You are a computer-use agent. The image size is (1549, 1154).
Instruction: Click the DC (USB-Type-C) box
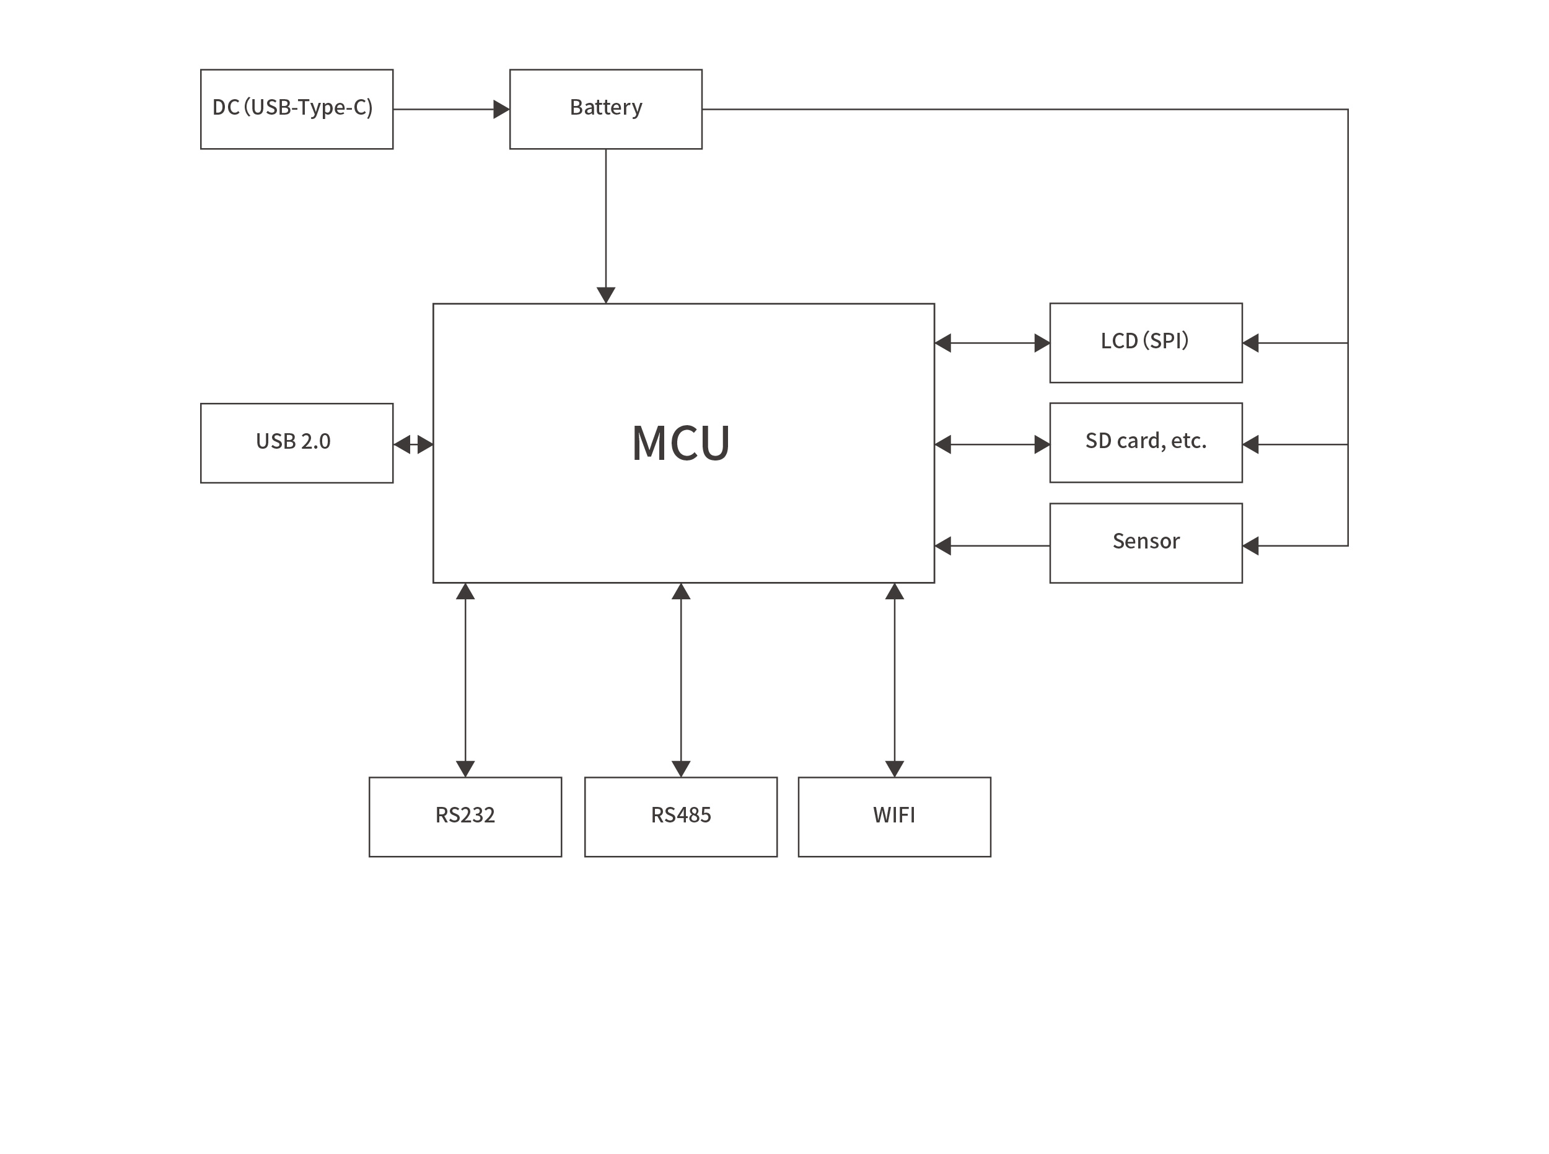click(x=296, y=109)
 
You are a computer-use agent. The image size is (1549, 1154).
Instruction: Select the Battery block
click(x=605, y=109)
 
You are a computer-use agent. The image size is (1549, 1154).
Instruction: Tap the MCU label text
click(x=681, y=443)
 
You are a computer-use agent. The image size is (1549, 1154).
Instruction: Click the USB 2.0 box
click(x=296, y=443)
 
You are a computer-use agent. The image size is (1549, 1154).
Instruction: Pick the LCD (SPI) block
click(x=1146, y=342)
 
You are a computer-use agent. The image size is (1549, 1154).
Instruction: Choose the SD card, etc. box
click(x=1146, y=442)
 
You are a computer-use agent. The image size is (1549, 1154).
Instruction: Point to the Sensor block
click(x=1146, y=543)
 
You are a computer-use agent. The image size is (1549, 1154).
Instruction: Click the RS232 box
click(x=465, y=817)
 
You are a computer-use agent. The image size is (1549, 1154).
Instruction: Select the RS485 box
click(x=681, y=817)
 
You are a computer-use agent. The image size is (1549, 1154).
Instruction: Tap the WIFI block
click(x=894, y=817)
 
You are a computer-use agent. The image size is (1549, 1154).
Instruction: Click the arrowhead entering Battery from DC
click(x=501, y=109)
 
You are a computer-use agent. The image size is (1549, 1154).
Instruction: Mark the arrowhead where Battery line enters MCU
click(x=605, y=295)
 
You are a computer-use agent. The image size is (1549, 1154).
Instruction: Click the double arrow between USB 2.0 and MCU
click(x=413, y=444)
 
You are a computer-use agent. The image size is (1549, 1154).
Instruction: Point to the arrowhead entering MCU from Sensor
click(x=944, y=545)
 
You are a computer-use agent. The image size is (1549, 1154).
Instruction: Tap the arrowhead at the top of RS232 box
click(x=465, y=769)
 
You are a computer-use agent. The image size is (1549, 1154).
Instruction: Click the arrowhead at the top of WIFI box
click(x=894, y=769)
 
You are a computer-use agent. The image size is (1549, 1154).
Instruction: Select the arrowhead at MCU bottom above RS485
click(x=681, y=592)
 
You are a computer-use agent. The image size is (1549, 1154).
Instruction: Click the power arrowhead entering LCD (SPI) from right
click(x=1251, y=343)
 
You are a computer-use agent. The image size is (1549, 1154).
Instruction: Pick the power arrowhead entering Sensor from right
click(x=1251, y=545)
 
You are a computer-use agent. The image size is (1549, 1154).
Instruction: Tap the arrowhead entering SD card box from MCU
click(x=1042, y=444)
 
